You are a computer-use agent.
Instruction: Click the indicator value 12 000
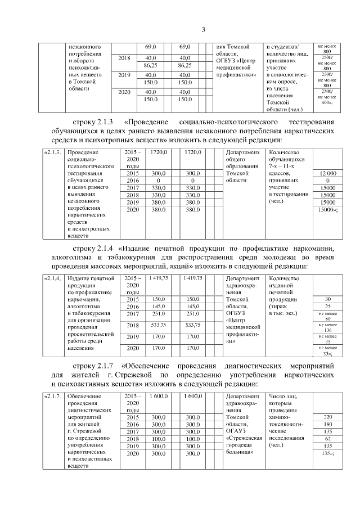pyautogui.click(x=327, y=175)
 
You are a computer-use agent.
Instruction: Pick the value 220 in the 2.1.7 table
pyautogui.click(x=327, y=417)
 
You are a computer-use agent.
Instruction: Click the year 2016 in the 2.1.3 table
pyautogui.click(x=133, y=181)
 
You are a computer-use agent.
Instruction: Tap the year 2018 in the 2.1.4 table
pyautogui.click(x=133, y=325)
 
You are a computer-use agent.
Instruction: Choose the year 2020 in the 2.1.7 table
pyautogui.click(x=133, y=452)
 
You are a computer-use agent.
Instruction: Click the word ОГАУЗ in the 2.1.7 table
pyautogui.click(x=237, y=430)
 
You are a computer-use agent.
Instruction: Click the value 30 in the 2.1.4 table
pyautogui.click(x=327, y=299)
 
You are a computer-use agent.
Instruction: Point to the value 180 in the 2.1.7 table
pyautogui.click(x=327, y=424)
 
